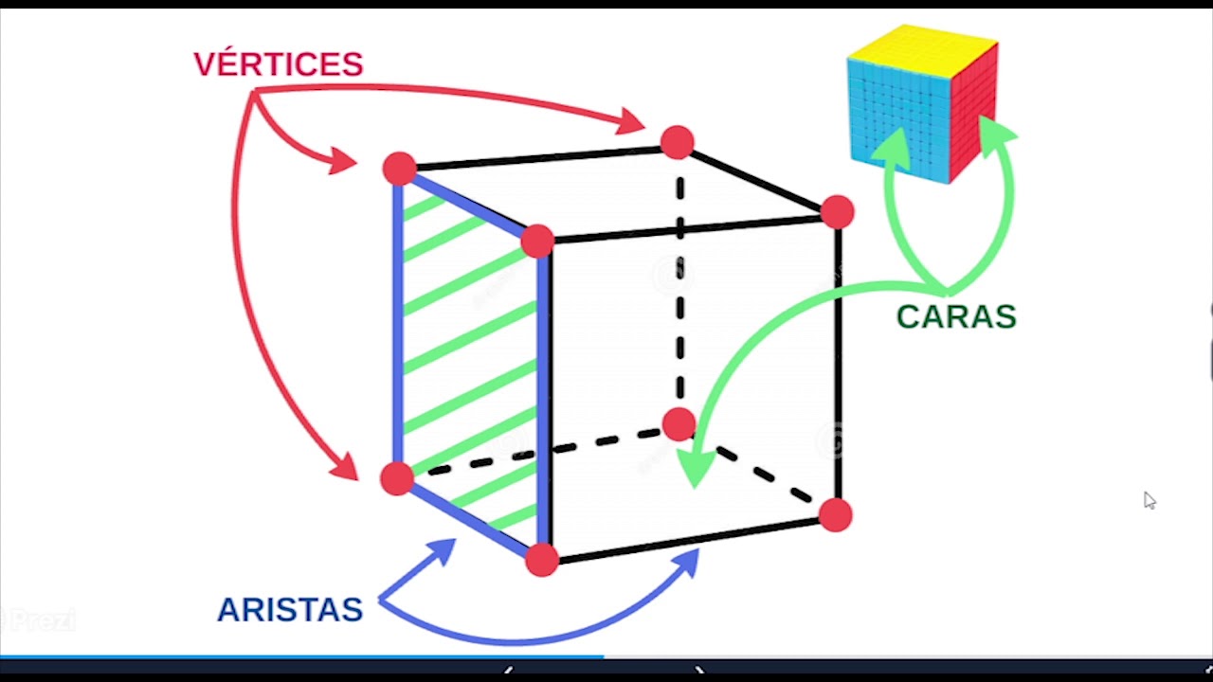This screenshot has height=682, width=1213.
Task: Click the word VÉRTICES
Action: tap(278, 64)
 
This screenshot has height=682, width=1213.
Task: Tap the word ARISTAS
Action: tap(290, 610)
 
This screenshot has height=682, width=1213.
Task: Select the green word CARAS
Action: tap(955, 317)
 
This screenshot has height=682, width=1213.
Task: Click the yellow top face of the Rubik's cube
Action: tap(921, 48)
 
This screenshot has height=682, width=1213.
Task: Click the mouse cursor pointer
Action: tap(1149, 500)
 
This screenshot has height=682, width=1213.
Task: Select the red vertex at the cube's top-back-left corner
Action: tap(400, 169)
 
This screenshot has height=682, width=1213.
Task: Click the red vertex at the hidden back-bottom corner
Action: tap(679, 423)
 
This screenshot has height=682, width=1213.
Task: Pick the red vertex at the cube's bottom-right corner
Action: tap(835, 515)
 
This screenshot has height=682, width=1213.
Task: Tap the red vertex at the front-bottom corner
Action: tap(542, 560)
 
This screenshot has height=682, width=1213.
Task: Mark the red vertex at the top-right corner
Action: tap(837, 212)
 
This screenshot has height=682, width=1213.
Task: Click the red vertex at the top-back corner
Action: tap(677, 142)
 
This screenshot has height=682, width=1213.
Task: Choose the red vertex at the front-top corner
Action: tap(537, 241)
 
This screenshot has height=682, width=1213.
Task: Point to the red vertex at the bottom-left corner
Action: tap(397, 478)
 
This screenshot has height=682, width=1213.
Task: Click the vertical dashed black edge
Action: tap(679, 284)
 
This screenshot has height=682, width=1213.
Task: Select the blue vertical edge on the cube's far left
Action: tap(398, 322)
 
